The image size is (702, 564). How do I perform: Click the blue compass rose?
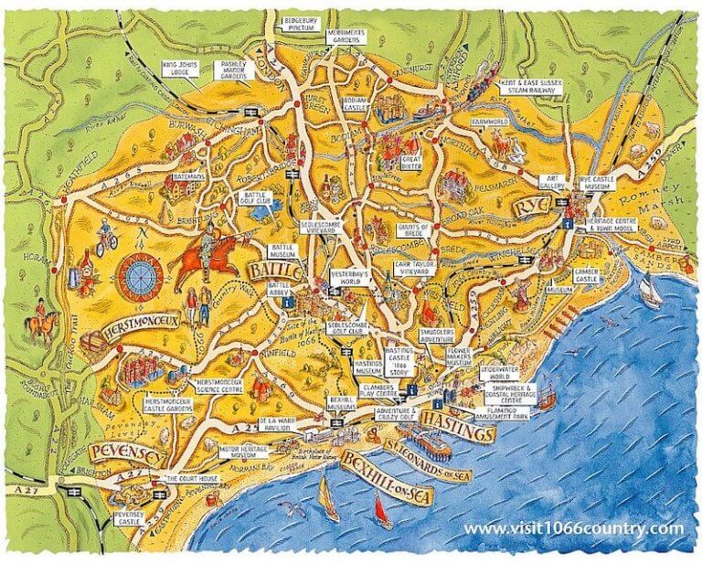pos(141,274)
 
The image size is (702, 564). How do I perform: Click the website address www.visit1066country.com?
pos(573,529)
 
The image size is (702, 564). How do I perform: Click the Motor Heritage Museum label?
pos(241,454)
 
